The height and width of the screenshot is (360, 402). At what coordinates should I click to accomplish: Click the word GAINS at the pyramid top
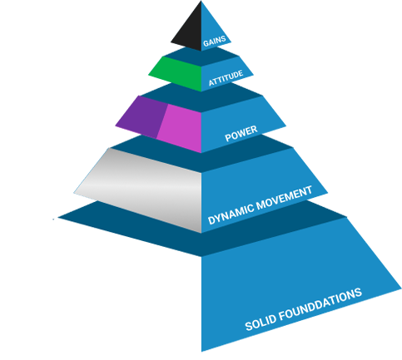coord(214,41)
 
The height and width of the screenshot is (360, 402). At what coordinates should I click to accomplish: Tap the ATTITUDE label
coord(226,78)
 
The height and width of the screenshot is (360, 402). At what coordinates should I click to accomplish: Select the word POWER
coord(241,134)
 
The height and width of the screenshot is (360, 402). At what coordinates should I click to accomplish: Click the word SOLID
coord(261,322)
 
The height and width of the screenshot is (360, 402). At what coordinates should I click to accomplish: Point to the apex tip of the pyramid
coord(201,1)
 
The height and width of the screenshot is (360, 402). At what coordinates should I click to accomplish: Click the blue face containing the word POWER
coord(241,122)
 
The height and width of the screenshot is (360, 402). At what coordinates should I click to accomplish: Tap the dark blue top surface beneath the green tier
coord(201,97)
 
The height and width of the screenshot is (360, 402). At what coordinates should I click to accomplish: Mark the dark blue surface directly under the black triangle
coord(201,57)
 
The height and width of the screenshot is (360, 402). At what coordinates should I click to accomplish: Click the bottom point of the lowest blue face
coord(201,352)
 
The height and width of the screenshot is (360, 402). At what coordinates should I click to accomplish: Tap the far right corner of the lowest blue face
coord(401,288)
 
